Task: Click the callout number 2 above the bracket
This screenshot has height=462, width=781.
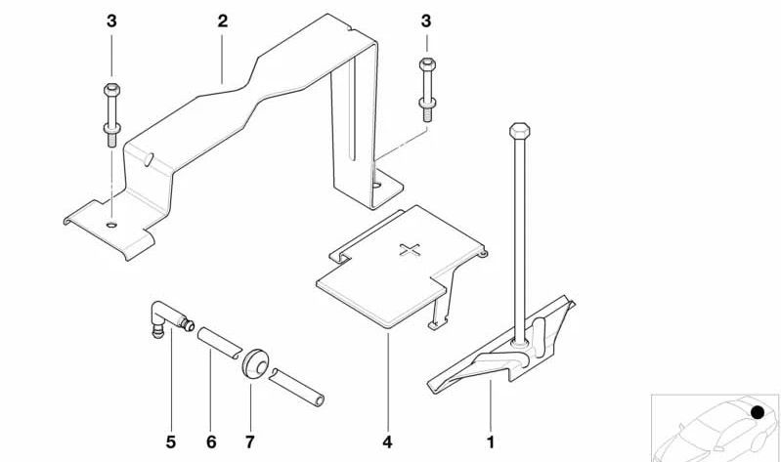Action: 222,21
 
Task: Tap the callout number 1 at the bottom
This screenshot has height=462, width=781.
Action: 491,441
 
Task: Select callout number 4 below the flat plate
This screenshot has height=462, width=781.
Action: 387,441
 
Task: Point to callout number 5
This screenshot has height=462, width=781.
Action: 171,441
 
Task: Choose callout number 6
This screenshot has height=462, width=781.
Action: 211,441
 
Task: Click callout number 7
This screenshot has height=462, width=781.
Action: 249,441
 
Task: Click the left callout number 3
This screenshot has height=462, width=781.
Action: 111,21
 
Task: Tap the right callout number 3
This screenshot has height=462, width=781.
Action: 426,21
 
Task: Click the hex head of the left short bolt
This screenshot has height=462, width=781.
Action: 111,90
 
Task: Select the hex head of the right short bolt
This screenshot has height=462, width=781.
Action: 427,64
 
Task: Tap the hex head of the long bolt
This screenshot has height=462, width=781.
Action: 519,131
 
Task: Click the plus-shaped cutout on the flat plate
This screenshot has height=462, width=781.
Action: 410,250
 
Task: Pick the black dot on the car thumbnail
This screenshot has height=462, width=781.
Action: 758,412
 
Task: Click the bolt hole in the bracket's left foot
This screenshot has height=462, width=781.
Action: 112,225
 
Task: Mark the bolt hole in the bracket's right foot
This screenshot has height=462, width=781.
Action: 377,186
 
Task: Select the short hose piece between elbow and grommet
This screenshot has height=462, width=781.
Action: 219,342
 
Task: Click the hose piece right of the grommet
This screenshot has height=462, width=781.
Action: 297,388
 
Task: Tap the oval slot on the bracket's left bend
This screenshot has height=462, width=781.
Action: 148,159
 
